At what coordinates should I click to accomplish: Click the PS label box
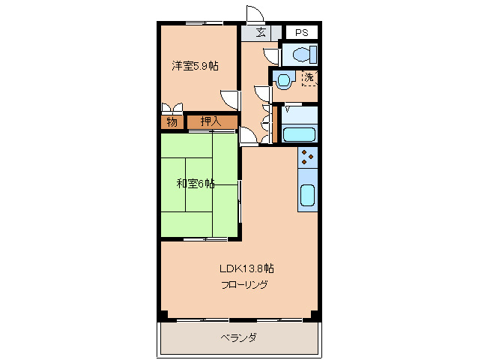point(301,32)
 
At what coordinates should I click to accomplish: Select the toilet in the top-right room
point(302,54)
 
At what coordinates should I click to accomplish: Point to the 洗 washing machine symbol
point(309,77)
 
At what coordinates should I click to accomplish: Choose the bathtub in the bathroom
point(300,134)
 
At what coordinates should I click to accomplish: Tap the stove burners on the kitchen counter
point(308,157)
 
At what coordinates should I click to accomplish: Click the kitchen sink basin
point(308,195)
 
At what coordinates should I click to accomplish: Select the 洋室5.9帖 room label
point(195,66)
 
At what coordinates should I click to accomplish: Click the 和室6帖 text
point(196,183)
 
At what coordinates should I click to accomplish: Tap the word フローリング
point(244,285)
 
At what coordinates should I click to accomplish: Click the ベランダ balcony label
point(239,337)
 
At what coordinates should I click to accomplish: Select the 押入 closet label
point(211,121)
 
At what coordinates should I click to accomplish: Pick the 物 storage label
point(172,121)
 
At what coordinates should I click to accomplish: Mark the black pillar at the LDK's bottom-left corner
point(162,314)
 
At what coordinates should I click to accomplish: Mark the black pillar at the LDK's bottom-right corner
point(315,314)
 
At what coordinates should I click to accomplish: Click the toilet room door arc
point(271,55)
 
